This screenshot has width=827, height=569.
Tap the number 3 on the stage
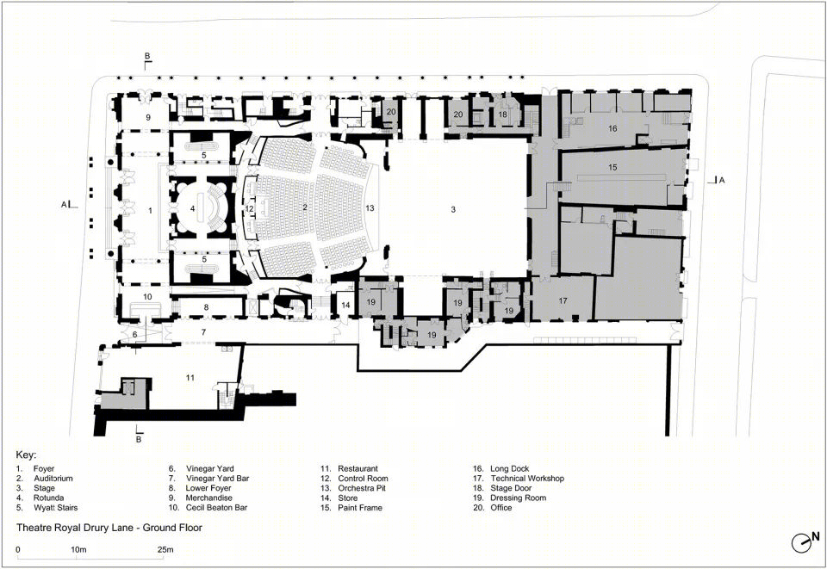click(x=453, y=210)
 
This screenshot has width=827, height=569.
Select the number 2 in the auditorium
click(x=305, y=207)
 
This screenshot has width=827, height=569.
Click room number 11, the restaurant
click(x=190, y=378)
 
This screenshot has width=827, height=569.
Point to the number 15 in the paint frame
click(x=612, y=168)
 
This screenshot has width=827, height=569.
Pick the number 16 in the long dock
click(x=612, y=128)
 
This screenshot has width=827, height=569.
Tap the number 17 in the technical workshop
click(x=563, y=300)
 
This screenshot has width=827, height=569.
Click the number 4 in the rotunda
click(x=192, y=209)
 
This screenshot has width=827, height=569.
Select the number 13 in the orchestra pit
click(x=370, y=208)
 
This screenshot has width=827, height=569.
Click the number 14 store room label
click(x=345, y=305)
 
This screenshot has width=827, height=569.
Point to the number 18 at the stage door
click(x=502, y=114)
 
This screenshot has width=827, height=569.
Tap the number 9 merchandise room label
click(x=148, y=117)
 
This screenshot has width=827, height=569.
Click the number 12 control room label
click(x=250, y=208)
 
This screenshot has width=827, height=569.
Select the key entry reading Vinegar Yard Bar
click(x=217, y=479)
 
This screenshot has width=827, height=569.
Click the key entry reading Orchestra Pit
click(x=362, y=488)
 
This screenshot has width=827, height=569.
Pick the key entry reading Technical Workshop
click(x=527, y=479)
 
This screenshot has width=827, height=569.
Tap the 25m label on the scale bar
click(x=165, y=549)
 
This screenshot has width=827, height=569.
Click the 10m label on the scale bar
click(x=78, y=549)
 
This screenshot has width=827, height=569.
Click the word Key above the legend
click(x=26, y=455)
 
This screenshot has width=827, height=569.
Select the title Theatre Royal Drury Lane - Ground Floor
click(x=109, y=528)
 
